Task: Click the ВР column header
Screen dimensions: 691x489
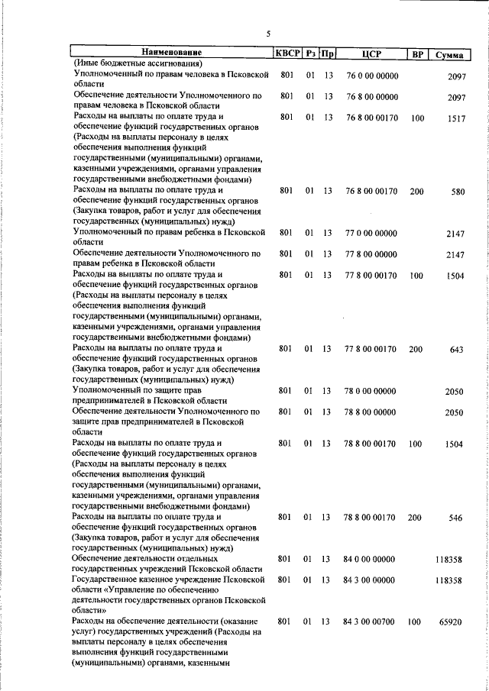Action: [x=417, y=53]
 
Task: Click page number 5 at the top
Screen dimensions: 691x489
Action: [x=268, y=33]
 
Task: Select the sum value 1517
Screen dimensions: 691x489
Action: [x=456, y=119]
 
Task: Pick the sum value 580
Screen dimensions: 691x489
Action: [x=458, y=192]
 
